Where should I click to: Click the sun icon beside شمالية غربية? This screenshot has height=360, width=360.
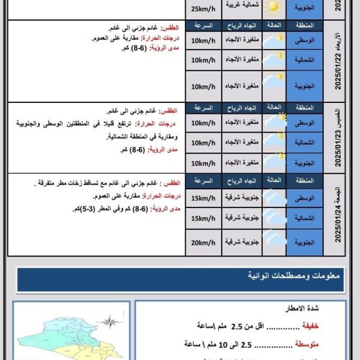click(273, 7)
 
